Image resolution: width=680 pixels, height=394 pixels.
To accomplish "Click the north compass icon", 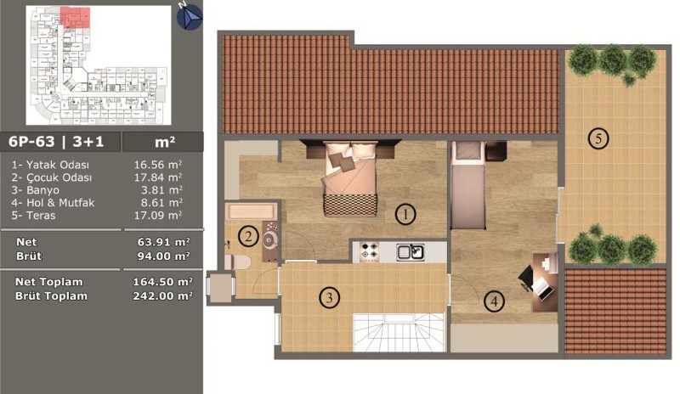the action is point(190,16).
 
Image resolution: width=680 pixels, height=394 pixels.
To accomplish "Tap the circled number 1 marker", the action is point(405,214).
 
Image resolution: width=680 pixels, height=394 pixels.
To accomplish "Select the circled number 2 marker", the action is point(248,237).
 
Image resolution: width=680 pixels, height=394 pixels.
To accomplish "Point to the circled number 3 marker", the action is point(330,298).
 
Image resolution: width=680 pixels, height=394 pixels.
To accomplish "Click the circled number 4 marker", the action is point(494,301).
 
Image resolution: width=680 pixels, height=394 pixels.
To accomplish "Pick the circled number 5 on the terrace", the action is point(598,138).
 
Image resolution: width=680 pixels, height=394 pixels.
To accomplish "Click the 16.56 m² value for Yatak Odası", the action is point(158,165).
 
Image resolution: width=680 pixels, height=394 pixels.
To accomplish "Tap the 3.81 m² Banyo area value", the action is point(161,190).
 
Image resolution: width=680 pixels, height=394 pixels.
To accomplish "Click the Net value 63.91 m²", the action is point(163,242).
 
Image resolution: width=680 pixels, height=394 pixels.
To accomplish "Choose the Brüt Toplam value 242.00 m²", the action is point(162,296).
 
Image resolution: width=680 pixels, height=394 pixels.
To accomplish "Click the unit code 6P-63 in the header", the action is point(31,142).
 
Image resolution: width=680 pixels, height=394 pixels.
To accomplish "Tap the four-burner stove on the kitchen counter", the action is point(370,252).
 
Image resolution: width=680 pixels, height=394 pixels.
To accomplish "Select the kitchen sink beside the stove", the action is point(410,252).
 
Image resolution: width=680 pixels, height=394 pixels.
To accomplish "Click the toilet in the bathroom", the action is point(237,262).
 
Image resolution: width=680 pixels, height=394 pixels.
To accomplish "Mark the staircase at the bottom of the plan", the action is point(399,332).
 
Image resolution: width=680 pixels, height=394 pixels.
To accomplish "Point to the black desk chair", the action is point(526,278).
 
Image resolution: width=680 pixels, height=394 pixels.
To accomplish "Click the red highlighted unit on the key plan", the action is point(75,17).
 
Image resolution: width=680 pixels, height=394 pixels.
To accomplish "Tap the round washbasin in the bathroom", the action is point(269,239).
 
